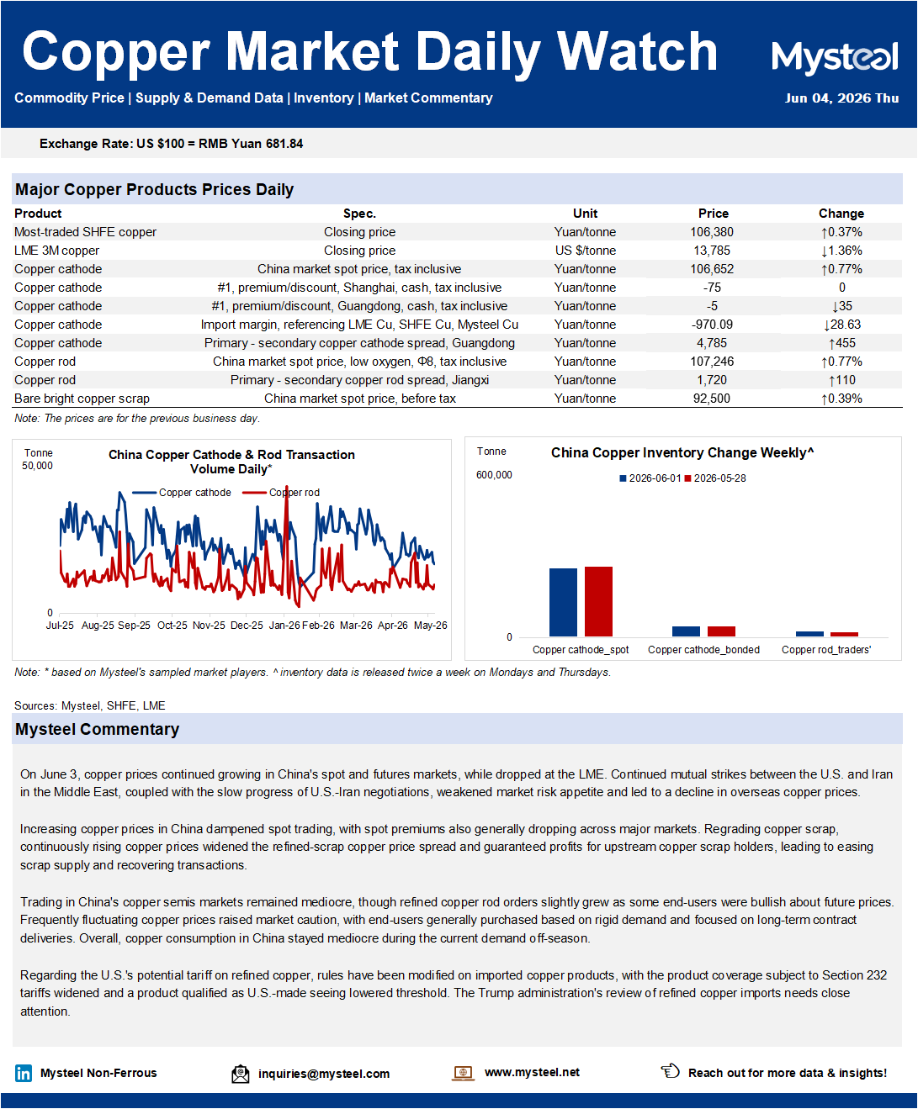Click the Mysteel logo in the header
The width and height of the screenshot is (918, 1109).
click(835, 56)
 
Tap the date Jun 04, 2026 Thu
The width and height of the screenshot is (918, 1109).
click(841, 98)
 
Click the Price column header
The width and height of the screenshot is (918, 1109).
click(713, 214)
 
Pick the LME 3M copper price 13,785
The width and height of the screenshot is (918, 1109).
click(712, 251)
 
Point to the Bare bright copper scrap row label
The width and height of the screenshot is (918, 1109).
click(82, 399)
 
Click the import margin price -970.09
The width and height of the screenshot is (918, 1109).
click(712, 325)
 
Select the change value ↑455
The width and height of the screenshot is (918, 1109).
click(841, 343)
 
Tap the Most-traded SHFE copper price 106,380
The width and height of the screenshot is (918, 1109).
click(712, 232)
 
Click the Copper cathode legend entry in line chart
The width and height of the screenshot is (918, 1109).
click(181, 493)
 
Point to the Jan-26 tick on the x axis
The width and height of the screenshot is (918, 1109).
click(284, 626)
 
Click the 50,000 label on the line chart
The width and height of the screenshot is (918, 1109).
click(37, 466)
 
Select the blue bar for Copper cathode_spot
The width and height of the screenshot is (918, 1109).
click(563, 602)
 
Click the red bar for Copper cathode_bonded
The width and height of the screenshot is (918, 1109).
click(721, 631)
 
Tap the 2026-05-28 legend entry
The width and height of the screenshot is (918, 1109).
click(715, 478)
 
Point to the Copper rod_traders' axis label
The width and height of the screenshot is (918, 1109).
click(826, 650)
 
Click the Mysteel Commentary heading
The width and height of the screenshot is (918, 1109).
click(98, 729)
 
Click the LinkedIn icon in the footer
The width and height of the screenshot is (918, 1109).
click(24, 1073)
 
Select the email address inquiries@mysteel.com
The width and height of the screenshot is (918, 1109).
click(324, 1074)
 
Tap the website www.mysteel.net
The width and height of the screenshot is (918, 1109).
click(532, 1072)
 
